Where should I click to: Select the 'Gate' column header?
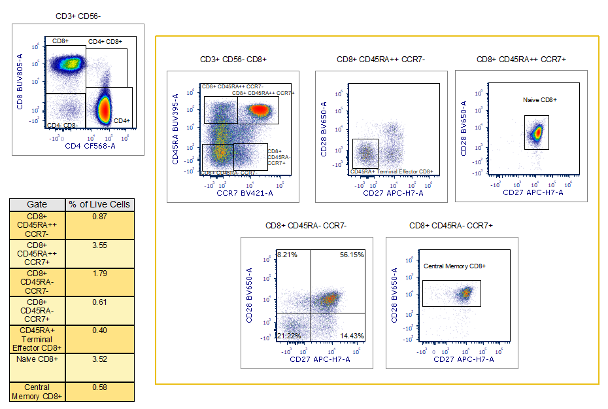37,204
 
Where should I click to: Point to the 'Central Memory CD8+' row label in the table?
37,391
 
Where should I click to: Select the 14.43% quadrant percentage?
352,336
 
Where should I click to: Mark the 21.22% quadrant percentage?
288,336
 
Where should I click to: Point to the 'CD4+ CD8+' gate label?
105,42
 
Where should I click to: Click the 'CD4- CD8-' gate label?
63,124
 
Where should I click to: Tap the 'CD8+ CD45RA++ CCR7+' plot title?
521,60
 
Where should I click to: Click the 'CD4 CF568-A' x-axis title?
90,146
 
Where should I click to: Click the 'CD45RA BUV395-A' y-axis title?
177,130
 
